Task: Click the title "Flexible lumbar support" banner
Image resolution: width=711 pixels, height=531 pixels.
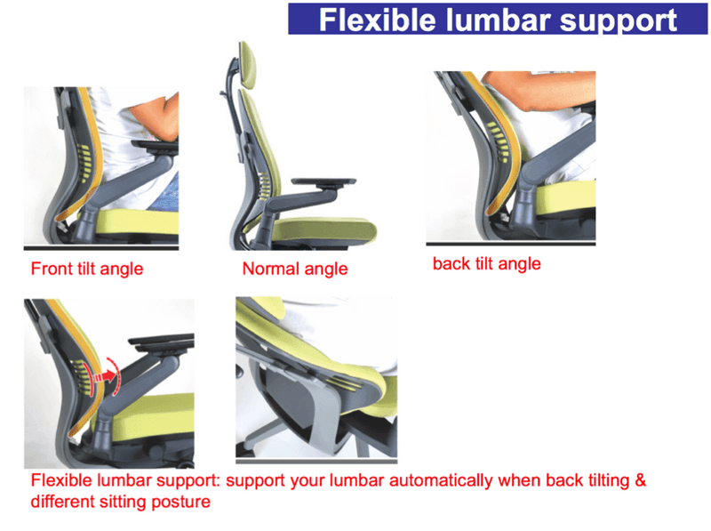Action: click(498, 19)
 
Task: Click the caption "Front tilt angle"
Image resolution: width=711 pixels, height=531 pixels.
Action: click(87, 268)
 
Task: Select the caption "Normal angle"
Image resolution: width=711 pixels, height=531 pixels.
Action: click(294, 268)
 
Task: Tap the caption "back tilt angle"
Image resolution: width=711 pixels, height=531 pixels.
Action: click(486, 263)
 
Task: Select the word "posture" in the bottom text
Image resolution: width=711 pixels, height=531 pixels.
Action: click(182, 502)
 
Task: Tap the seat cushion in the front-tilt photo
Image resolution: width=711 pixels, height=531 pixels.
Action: click(133, 221)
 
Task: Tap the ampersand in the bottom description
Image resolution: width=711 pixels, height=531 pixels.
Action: click(638, 481)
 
